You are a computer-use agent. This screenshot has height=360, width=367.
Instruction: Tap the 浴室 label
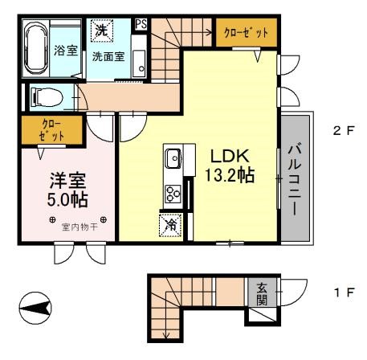64,51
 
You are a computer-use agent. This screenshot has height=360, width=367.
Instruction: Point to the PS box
141,24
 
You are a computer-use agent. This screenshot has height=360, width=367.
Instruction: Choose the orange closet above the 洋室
40,130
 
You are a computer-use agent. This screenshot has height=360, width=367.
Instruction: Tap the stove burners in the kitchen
174,192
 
